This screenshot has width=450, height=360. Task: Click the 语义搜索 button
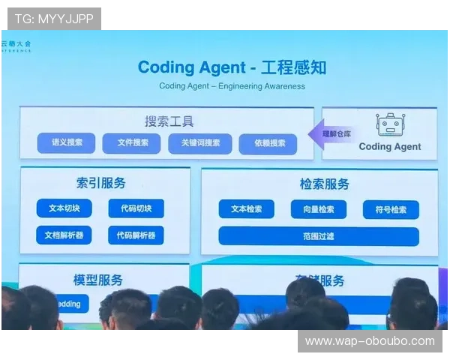tap(66, 142)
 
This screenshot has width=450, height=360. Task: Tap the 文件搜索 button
tap(131, 142)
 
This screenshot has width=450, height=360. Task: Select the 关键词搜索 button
tap(195, 143)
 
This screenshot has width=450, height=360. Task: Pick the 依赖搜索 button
tap(268, 144)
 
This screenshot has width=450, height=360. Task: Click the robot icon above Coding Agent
tap(389, 124)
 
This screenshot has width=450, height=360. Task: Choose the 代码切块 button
tap(135, 208)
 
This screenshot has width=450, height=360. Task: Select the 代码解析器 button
tap(135, 235)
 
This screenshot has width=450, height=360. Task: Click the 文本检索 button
tap(246, 209)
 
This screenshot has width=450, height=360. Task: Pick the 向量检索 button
tap(318, 209)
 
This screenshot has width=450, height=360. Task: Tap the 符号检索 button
tap(390, 210)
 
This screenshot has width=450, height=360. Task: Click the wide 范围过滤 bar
tap(319, 236)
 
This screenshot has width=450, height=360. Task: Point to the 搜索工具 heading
tap(169, 121)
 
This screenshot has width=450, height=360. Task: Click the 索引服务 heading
tap(100, 182)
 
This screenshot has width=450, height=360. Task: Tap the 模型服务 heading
tap(97, 279)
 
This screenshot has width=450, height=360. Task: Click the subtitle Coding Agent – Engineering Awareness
tap(232, 85)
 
